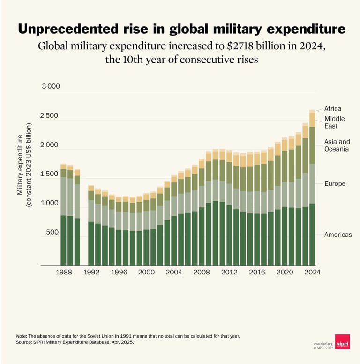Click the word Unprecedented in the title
coord(69,29)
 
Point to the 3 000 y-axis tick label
coord(52,87)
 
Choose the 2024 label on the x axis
coord(311,272)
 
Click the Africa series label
coord(332,109)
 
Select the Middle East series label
coord(334,122)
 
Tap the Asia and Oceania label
coord(337,145)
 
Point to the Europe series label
coord(335,184)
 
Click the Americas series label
coord(338,235)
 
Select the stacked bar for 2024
coord(312,188)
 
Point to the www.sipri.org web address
coord(322,343)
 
